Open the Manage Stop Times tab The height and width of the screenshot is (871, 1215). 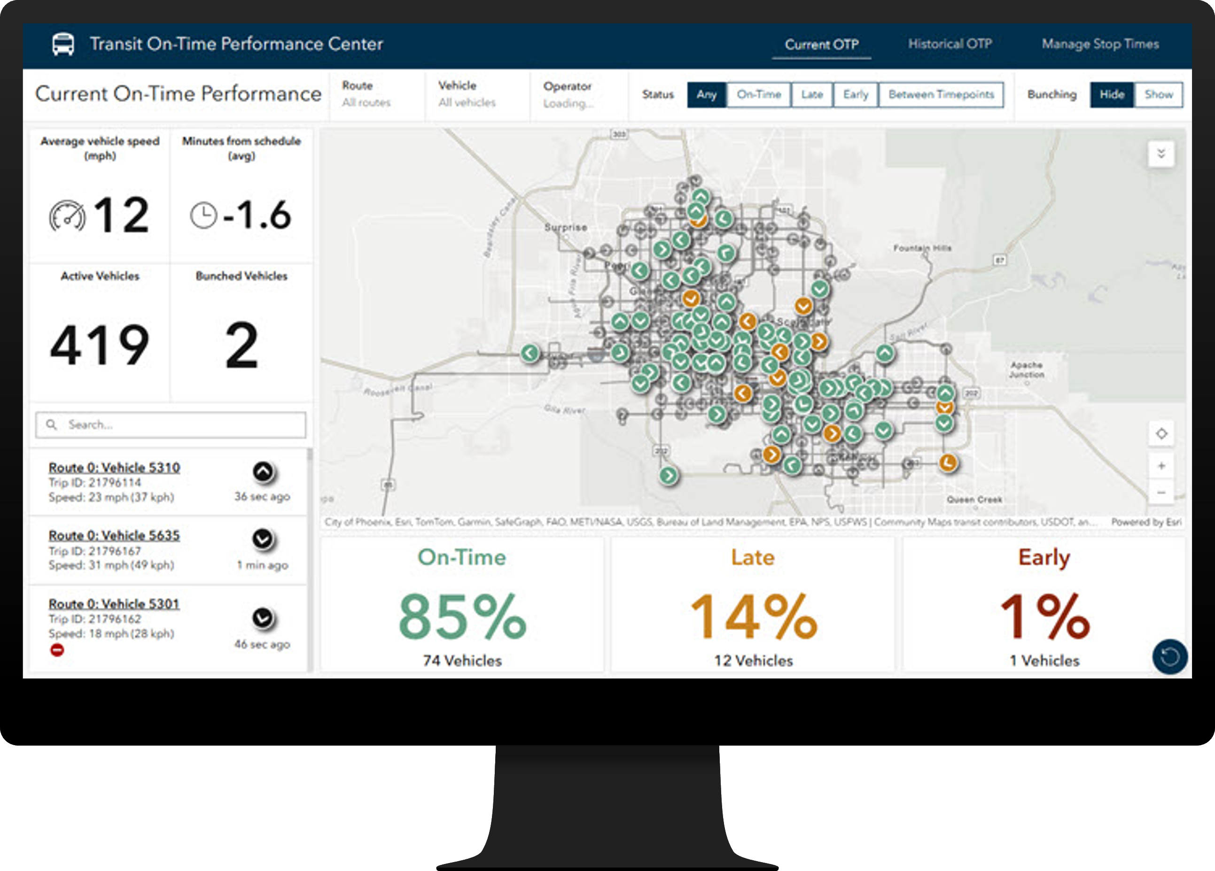coord(1100,44)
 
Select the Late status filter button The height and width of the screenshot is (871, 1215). coord(811,95)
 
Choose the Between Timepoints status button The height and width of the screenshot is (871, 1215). coord(941,95)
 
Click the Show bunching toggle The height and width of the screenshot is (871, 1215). coord(1158,95)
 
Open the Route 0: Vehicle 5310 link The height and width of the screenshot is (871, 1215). coord(114,467)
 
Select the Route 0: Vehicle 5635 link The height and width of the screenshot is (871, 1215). coord(114,535)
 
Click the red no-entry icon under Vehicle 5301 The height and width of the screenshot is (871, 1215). coord(57,650)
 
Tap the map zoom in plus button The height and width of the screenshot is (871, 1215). coord(1161,466)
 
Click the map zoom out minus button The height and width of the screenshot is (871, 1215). coord(1161,492)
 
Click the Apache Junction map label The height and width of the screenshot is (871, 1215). coord(1027,370)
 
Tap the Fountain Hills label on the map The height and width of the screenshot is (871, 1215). coord(922,248)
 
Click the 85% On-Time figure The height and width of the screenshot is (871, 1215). coord(462,617)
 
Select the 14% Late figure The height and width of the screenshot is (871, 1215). coord(753,617)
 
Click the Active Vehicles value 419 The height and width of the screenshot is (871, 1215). coord(100,345)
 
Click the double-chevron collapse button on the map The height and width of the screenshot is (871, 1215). coord(1161,154)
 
